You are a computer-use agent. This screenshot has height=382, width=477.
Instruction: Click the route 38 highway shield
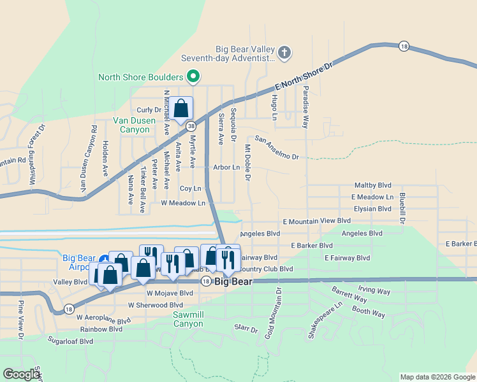coord(191,127)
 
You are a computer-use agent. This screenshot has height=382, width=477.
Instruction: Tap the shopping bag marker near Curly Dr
coord(181,109)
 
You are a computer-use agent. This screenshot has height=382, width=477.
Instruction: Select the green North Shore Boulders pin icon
coord(193,78)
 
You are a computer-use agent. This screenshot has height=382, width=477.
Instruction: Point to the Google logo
coord(21,374)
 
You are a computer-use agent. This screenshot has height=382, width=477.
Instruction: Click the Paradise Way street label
coord(306,106)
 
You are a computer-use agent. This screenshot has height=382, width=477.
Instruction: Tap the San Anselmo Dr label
coord(277,147)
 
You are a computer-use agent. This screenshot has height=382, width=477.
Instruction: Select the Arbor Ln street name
coord(226,167)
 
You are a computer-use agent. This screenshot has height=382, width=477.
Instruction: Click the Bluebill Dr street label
coord(402,208)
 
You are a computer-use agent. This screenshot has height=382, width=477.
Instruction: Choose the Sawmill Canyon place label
coord(188,319)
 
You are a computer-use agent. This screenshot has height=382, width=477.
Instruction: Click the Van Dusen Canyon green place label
coord(131,125)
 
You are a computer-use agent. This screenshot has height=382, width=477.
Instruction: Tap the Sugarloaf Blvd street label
coord(70,341)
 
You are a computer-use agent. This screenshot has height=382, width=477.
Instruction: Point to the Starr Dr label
coord(245,329)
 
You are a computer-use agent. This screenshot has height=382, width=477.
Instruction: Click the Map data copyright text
coord(437,377)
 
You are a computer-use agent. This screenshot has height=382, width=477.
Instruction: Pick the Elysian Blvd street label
coord(372,209)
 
